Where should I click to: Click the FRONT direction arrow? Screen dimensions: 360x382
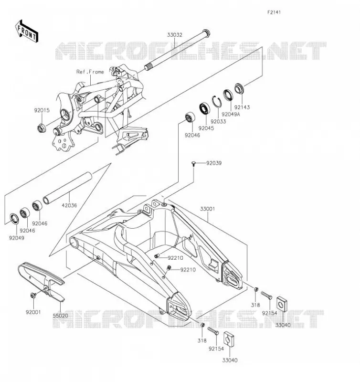[27, 31]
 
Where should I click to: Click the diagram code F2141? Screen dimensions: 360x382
[274, 12]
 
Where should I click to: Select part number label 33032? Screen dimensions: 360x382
[174, 35]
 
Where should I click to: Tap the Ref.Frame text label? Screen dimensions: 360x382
[90, 72]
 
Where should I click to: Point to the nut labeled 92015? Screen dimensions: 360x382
[41, 128]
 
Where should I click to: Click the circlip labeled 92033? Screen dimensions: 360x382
[216, 101]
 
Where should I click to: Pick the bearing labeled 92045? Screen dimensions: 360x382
[205, 109]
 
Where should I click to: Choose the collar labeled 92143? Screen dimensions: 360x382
[239, 88]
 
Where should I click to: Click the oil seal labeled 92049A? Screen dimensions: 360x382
[228, 95]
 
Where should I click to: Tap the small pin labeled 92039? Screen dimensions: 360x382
[194, 163]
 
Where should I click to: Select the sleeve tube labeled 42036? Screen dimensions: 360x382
[67, 188]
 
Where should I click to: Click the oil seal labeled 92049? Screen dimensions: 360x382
[14, 218]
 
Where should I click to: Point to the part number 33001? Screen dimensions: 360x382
[208, 209]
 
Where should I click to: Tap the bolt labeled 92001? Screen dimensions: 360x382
[33, 296]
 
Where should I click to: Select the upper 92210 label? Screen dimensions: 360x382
[175, 258]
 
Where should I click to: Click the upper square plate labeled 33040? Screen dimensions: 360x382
[282, 304]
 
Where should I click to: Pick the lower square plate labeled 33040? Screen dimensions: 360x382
[229, 339]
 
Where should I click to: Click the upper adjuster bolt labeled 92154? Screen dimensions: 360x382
[266, 295]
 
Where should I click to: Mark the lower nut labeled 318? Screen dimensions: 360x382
[202, 325]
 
